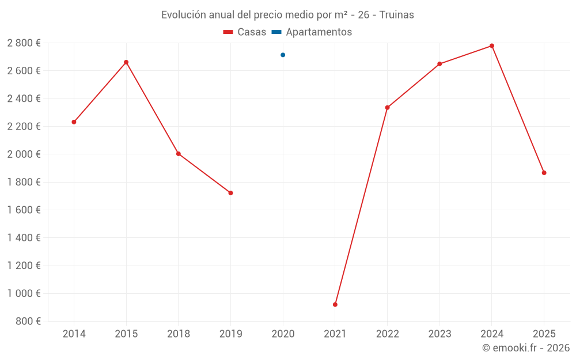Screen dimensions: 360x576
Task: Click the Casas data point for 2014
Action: point(74,122)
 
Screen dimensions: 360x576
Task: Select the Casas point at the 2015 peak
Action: point(126,62)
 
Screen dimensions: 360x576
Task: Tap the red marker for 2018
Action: point(179,154)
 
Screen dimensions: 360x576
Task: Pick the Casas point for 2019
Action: point(230,193)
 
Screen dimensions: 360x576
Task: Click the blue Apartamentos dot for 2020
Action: point(283,55)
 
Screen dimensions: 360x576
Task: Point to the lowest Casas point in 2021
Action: point(335,305)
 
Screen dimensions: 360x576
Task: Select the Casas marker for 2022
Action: point(387,108)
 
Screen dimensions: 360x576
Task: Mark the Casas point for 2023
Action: point(439,64)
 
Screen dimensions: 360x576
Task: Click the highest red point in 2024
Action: point(492,46)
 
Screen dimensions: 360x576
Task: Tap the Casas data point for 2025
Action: point(544,173)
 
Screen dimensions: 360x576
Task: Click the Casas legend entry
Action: point(245,32)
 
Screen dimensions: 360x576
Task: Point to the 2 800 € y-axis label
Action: point(24,43)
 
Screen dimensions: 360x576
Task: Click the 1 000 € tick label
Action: point(24,293)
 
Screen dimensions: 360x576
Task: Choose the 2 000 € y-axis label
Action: point(24,154)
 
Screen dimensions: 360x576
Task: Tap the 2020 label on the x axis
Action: point(283,334)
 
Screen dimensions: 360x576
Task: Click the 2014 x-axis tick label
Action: point(74,334)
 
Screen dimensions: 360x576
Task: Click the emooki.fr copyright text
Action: point(526,348)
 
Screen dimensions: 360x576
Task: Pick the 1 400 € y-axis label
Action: point(24,238)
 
